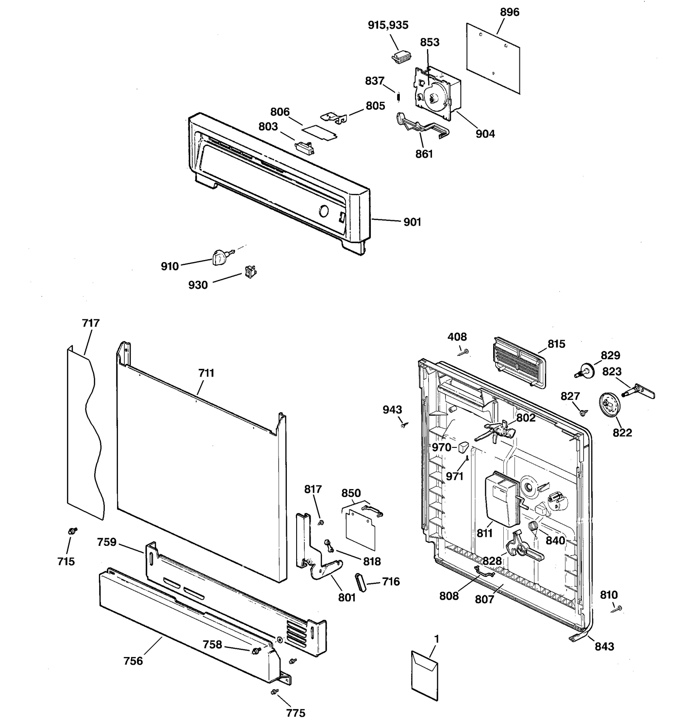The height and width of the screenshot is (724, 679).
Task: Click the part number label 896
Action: [x=509, y=12]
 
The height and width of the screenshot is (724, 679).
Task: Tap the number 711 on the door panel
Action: [x=206, y=373]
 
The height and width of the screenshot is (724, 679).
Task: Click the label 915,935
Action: [x=388, y=25]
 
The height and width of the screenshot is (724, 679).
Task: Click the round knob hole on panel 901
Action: [x=323, y=211]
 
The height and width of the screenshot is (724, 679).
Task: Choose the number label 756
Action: [x=133, y=661]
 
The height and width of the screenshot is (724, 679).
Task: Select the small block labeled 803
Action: [x=305, y=148]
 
